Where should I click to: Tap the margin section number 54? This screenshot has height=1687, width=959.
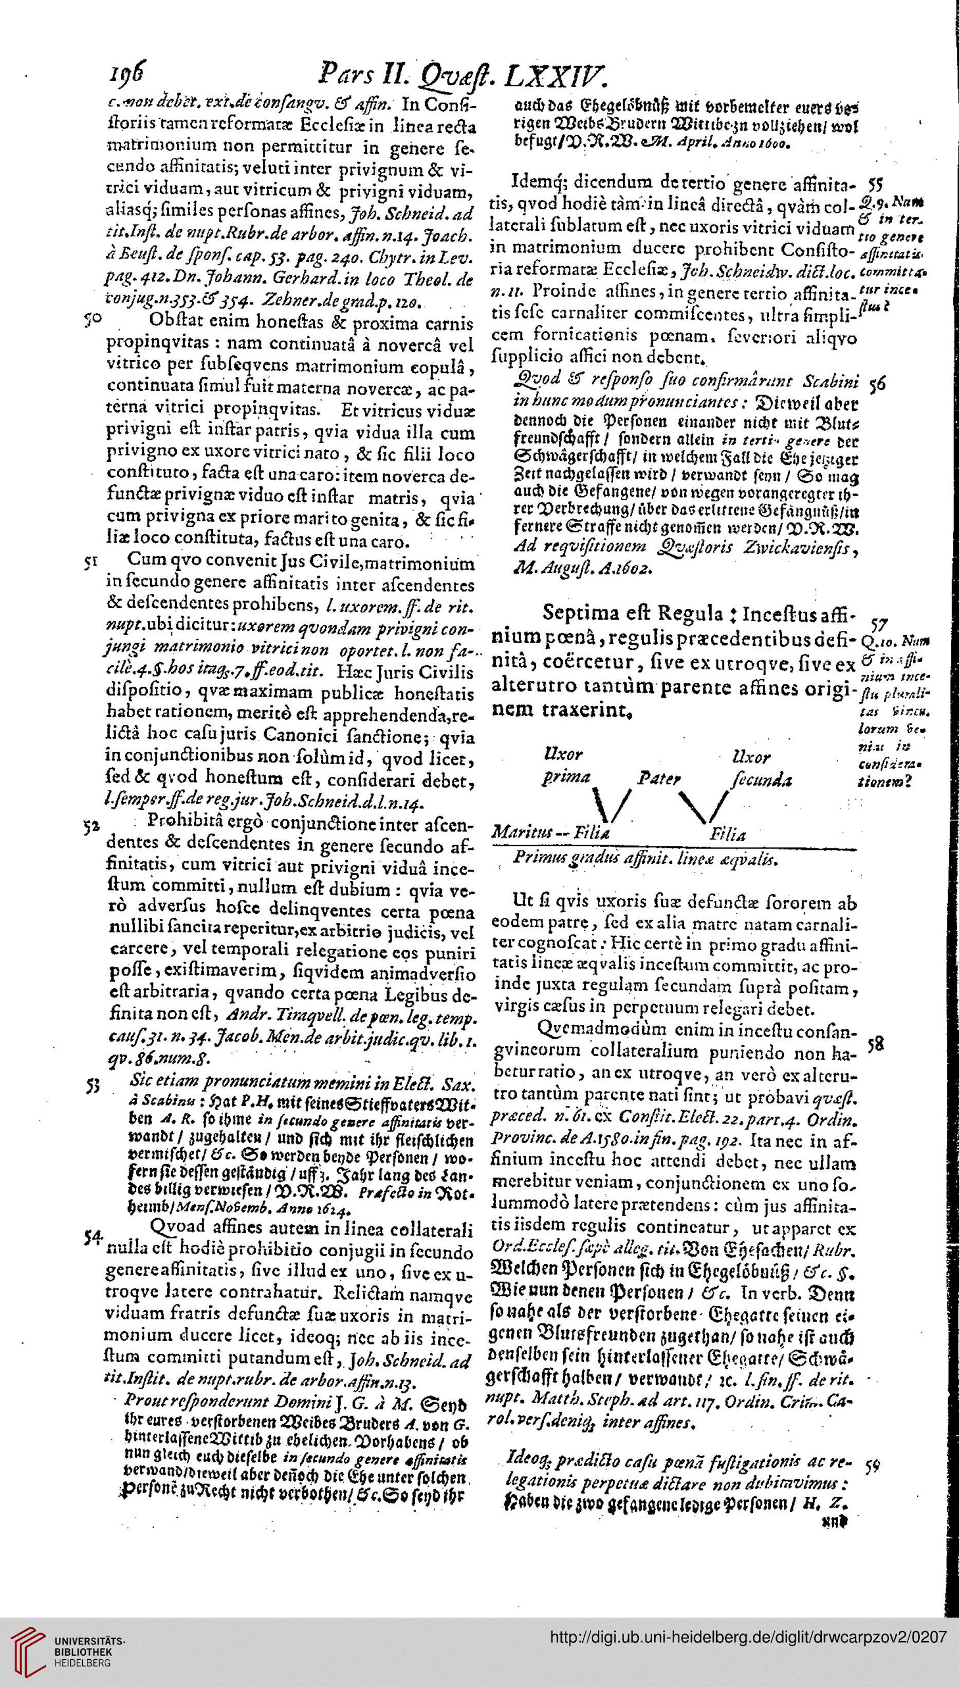click(94, 1238)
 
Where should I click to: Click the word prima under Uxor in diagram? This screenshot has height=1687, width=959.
click(566, 777)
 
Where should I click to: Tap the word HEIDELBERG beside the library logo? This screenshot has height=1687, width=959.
click(82, 1663)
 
